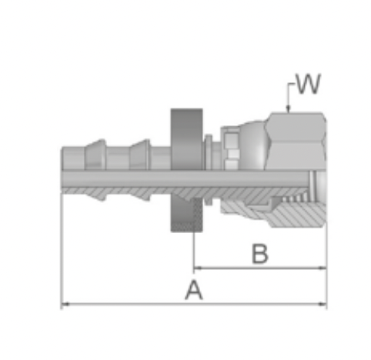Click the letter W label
point(308,84)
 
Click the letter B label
point(260,254)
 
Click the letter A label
point(194,290)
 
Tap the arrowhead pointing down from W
point(288,109)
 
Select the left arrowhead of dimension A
point(65,304)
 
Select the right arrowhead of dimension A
point(323,304)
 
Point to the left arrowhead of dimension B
point(198,268)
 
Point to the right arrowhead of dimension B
point(323,268)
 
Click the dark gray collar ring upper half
point(187,139)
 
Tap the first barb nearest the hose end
point(95,155)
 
